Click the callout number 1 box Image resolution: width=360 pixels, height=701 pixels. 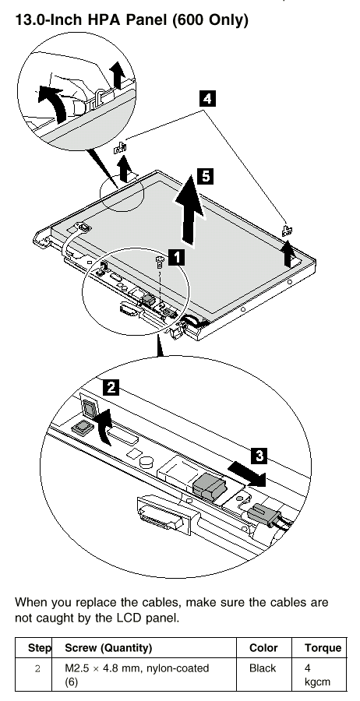pyautogui.click(x=178, y=257)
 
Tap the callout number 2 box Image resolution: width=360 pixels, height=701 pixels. pyautogui.click(x=111, y=386)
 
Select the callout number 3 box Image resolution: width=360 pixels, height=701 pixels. pyautogui.click(x=259, y=456)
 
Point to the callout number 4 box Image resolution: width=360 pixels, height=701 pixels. pyautogui.click(x=207, y=98)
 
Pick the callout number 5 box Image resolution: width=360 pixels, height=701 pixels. pyautogui.click(x=205, y=176)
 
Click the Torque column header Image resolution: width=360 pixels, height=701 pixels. pyautogui.click(x=323, y=648)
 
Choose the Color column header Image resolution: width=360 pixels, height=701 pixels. pyautogui.click(x=263, y=648)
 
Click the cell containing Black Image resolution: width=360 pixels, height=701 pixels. pyautogui.click(x=263, y=668)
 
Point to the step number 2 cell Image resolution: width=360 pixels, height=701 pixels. pyautogui.click(x=37, y=669)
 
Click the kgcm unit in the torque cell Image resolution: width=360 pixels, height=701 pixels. pyautogui.click(x=317, y=682)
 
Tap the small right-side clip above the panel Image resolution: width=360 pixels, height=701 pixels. pyautogui.click(x=287, y=231)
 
